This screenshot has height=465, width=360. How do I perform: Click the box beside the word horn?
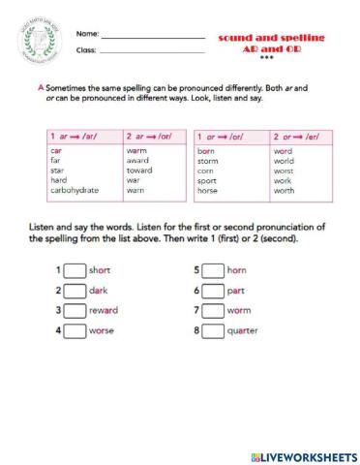[x=212, y=270]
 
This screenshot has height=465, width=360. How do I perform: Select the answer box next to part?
[x=212, y=291]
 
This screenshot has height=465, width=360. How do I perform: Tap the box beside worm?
[x=212, y=311]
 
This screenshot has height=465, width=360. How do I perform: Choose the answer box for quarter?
[x=212, y=331]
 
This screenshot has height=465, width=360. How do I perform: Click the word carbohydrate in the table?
[x=75, y=191]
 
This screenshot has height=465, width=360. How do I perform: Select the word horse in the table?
[x=208, y=191]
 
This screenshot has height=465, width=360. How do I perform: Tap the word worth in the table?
[x=284, y=191]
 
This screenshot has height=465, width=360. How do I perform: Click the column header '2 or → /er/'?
[x=295, y=137]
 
